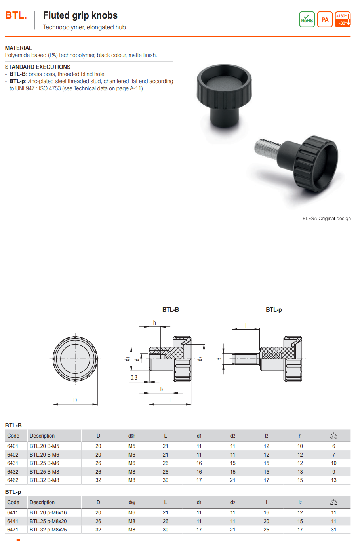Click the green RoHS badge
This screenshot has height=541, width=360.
coord(307,19)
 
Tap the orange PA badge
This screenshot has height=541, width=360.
coord(325,19)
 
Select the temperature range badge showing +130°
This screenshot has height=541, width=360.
coord(343,19)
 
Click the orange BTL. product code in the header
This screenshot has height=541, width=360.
coord(16,15)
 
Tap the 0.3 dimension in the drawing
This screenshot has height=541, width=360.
coord(134,377)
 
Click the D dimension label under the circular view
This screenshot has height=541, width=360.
coord(75,400)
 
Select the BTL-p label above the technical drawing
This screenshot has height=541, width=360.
coord(274,310)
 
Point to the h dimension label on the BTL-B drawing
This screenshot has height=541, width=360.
coord(154,323)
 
